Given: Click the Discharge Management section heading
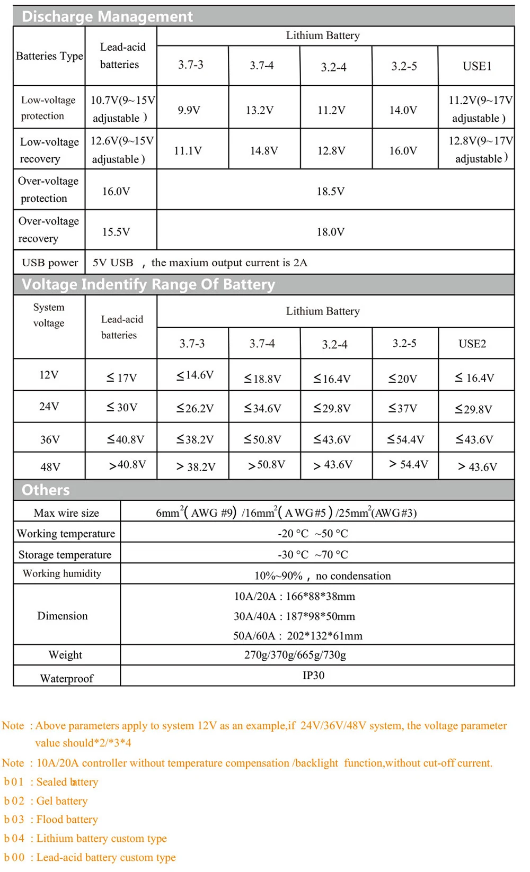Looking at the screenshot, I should [x=107, y=16].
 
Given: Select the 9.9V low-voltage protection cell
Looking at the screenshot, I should [x=189, y=110].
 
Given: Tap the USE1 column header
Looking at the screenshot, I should [x=477, y=66].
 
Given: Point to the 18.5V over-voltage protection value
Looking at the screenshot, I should [x=330, y=191].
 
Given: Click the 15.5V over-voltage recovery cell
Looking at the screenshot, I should [x=116, y=232].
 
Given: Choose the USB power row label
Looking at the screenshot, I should [x=50, y=263].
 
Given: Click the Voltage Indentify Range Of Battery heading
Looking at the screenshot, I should [x=148, y=284].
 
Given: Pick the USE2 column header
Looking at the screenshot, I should [x=472, y=344].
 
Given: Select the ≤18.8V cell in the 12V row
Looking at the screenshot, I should [x=262, y=379].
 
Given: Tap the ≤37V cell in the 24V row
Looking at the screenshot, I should [x=403, y=408].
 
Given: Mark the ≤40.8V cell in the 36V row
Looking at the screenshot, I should [x=126, y=439].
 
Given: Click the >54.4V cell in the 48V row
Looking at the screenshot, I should [x=409, y=464].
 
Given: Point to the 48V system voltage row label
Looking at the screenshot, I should [x=50, y=467].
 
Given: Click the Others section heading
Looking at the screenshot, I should [x=46, y=490].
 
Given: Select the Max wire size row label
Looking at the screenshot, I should [x=66, y=513].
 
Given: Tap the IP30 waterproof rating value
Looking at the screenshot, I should [x=313, y=675].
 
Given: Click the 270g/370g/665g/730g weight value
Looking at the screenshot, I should [x=295, y=655].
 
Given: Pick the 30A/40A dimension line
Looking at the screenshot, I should [x=294, y=616].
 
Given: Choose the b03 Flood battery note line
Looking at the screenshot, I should [x=51, y=820].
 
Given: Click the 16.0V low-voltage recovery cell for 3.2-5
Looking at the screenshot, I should [x=403, y=151].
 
